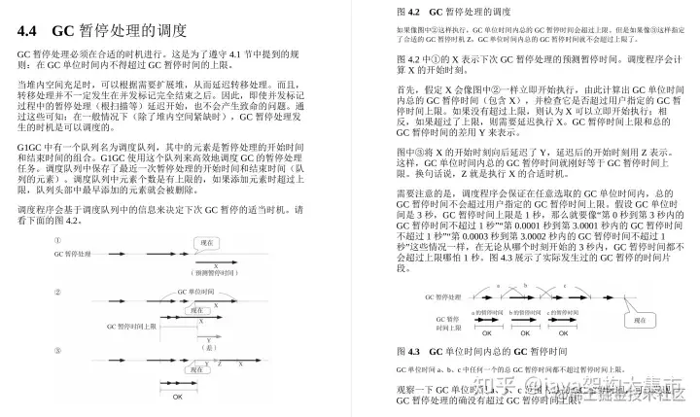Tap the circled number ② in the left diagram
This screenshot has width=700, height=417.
click(58, 292)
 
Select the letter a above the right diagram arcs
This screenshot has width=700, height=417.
click(497, 286)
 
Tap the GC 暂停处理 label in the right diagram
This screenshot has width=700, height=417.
click(428, 297)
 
